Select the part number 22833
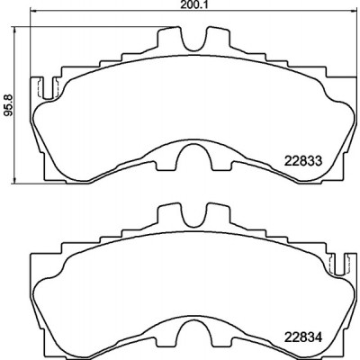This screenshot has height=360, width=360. point(303,161)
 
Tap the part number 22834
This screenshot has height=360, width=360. point(303,338)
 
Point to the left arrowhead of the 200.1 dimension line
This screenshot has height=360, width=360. point(32,12)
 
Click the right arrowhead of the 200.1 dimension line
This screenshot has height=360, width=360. point(355,12)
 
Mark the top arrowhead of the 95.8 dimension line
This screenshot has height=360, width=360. point(14,30)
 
